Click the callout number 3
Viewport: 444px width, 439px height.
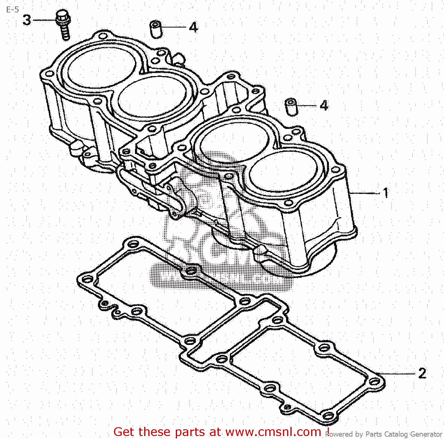27,20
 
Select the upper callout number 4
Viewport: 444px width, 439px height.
193,27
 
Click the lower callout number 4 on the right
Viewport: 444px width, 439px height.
324,105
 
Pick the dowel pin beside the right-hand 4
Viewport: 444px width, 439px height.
291,107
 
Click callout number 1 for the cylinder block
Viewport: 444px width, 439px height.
385,193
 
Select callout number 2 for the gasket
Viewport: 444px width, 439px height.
422,373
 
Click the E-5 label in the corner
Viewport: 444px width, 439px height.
12,10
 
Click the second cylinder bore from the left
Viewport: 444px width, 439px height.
152,96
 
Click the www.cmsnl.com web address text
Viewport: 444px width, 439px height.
274,432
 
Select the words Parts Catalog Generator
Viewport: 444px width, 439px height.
404,434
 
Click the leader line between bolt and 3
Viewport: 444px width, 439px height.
44,20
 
